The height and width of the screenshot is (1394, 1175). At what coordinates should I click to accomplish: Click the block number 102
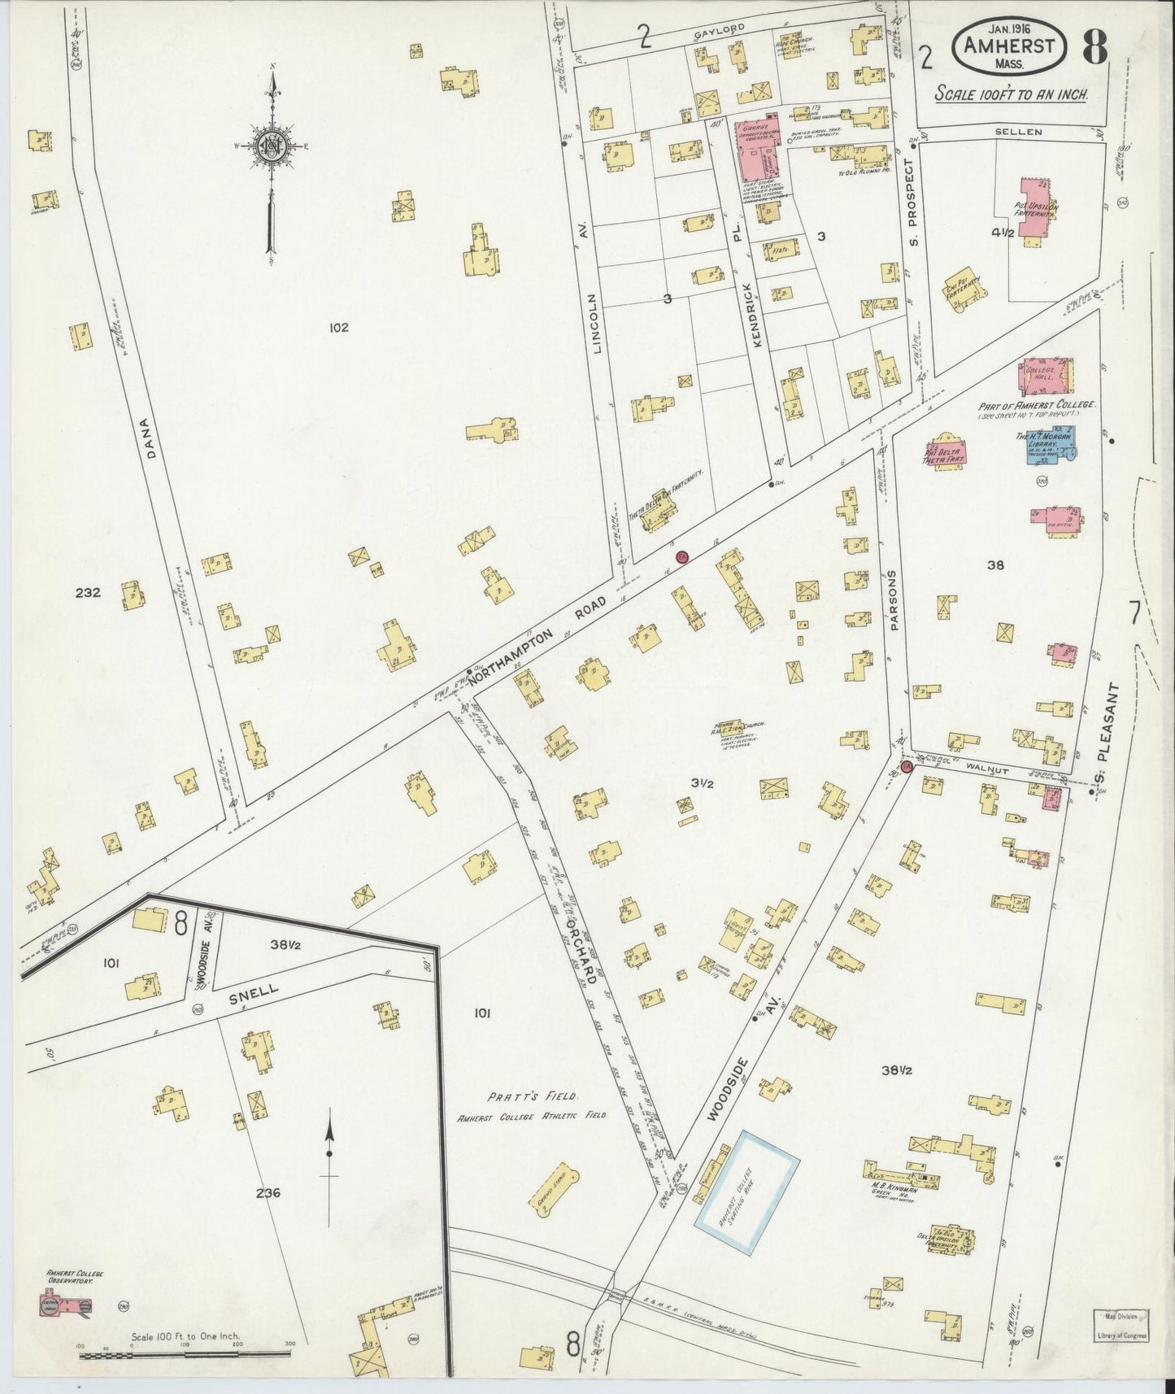tap(338, 328)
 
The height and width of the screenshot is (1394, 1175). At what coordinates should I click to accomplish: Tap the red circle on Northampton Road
tap(682, 556)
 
